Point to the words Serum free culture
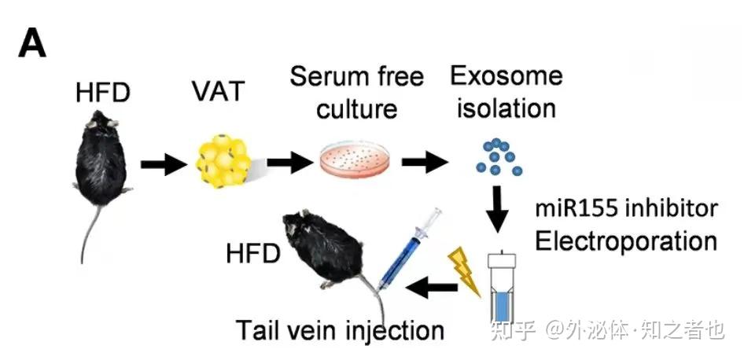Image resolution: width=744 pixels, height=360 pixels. click(x=356, y=91)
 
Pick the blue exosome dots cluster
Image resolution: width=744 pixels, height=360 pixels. click(x=497, y=157)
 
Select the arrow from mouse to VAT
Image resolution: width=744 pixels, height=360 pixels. click(x=164, y=165)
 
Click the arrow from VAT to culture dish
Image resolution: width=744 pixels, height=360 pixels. click(x=290, y=164)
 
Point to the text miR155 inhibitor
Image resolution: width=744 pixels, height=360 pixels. click(x=626, y=209)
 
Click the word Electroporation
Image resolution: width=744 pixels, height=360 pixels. click(x=626, y=240)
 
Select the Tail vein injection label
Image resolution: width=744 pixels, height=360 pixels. click(x=341, y=329)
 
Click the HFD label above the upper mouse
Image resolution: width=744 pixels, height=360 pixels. click(x=101, y=92)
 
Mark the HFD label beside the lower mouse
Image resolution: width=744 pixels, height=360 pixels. click(x=253, y=253)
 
